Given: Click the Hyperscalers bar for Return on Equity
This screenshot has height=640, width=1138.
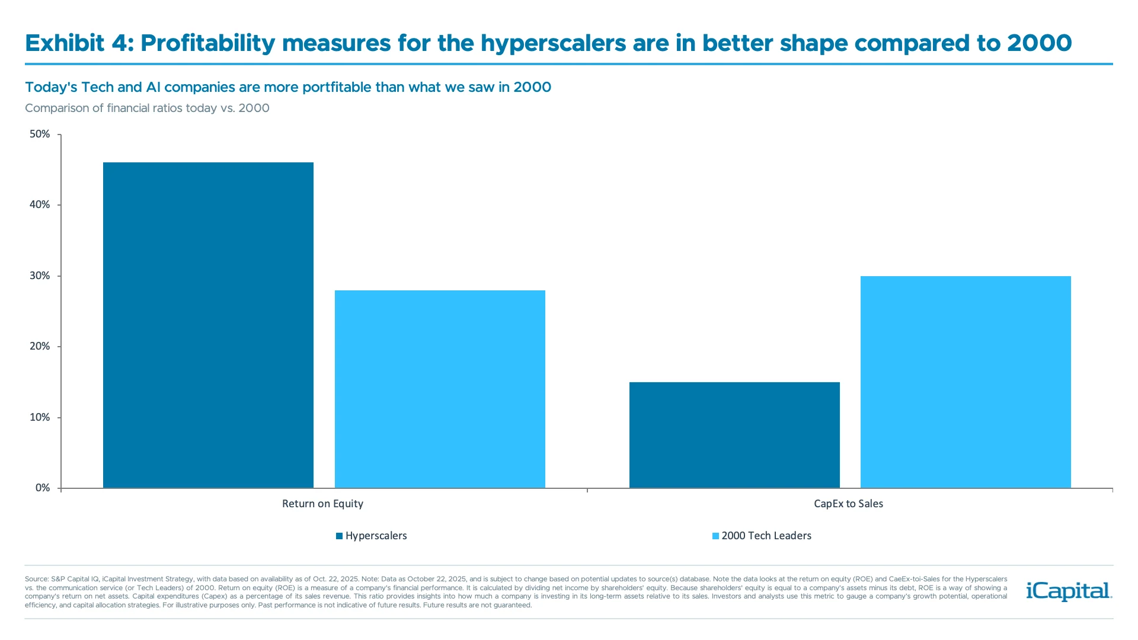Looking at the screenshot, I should point(208,325).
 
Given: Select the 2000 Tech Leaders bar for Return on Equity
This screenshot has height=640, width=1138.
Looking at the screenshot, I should point(440,389).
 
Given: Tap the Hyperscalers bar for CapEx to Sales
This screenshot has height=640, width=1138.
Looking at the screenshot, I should point(734,435).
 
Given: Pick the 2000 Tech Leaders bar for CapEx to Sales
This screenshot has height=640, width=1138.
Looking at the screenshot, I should point(966,382).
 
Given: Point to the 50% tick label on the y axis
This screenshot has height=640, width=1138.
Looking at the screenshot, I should point(40,134).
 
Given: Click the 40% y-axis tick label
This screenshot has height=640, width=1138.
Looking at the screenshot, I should point(40,204).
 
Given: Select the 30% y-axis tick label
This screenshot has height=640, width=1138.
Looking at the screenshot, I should point(40,276).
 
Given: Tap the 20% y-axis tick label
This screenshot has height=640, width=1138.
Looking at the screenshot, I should point(40,346).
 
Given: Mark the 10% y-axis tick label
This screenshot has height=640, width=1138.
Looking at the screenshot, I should point(40,417).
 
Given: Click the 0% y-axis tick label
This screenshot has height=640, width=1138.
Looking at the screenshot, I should point(43,488).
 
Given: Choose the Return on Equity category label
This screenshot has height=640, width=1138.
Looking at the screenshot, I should point(322,504).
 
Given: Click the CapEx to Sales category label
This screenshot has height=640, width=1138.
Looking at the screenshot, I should point(848,504).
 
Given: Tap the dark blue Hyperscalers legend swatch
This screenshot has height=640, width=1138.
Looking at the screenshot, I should point(340,536).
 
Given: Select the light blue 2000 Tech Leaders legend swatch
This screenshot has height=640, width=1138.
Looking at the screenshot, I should point(715,536).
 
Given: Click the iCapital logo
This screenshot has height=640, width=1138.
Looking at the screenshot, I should point(1069,591).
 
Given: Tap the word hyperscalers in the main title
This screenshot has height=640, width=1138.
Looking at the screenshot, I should point(552,43).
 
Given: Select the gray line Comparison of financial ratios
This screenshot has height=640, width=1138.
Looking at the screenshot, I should point(147,108).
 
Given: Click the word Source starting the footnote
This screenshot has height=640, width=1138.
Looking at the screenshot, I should point(36,579).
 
